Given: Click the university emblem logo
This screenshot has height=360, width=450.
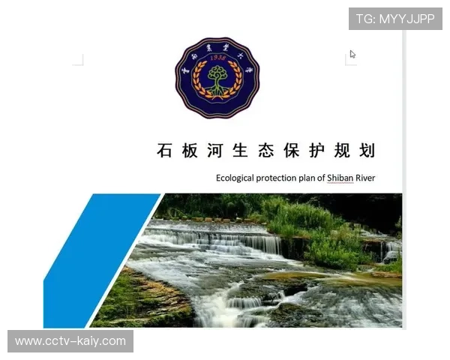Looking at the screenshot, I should tap(217, 78).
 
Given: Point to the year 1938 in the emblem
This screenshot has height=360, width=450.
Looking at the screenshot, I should tap(217, 58).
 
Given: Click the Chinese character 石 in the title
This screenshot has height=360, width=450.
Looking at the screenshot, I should tap(165, 150).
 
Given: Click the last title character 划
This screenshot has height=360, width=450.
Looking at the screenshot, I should tap(367, 150).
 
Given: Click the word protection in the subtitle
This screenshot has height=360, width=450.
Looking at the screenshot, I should tap(280, 178).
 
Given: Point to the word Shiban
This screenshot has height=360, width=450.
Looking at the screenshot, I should tap(341, 178).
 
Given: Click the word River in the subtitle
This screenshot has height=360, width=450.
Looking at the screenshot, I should tap(365, 178).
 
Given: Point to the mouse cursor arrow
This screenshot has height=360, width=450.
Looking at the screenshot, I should tap(352, 54).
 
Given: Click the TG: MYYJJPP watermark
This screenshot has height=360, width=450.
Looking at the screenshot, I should tap(395, 19).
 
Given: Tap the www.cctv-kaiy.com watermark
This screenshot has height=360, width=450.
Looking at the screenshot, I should tap(71, 341).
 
